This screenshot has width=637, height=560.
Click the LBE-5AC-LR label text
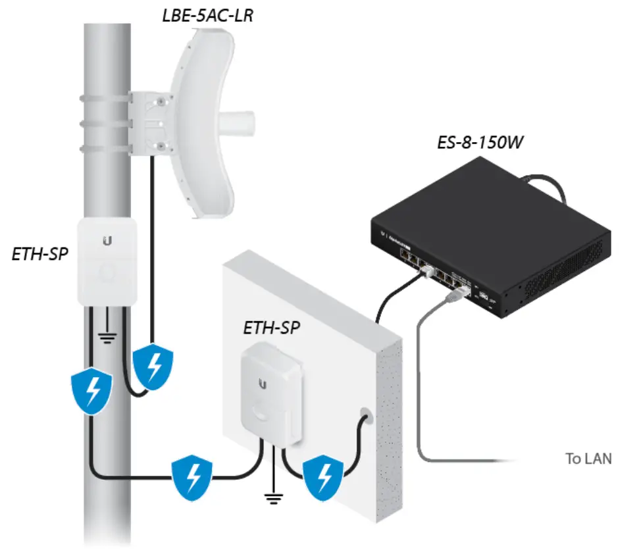207,15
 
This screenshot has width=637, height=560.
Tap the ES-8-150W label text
480,142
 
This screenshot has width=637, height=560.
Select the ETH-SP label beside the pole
40,253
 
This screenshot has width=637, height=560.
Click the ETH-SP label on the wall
272,328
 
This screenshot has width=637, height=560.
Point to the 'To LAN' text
588,459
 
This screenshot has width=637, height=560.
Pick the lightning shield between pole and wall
192,478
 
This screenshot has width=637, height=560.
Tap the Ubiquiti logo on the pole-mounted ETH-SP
107,242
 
